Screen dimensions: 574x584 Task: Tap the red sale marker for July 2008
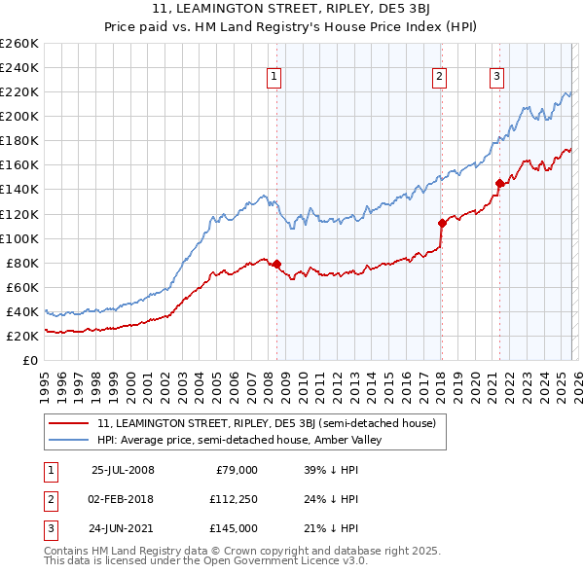tap(276, 264)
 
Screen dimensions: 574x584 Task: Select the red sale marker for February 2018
tap(441, 223)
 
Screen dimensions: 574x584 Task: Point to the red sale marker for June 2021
tap(499, 183)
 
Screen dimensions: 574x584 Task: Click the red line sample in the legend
tap(69, 423)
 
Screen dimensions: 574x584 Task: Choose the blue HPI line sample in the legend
tap(69, 440)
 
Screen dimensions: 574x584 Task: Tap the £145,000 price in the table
tap(235, 528)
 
